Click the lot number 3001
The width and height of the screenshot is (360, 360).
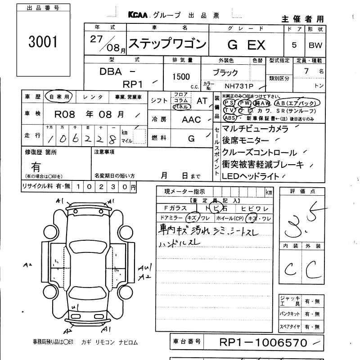coord(43,42)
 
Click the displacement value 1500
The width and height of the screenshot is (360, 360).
coord(180,77)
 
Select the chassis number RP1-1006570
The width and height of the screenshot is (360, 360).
coord(263,343)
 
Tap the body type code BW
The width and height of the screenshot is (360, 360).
coord(315,45)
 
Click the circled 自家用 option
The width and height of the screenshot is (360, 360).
coord(59,97)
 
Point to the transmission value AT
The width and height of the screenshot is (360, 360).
coord(202,101)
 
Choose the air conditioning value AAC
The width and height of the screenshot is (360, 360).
coord(191,120)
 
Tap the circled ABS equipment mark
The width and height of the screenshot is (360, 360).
coord(229,118)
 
